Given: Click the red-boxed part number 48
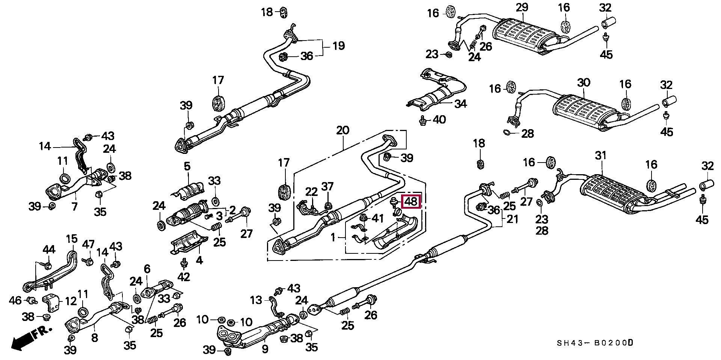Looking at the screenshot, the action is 412,202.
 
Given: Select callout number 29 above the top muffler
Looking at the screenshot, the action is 522,8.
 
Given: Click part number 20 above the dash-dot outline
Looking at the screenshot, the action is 342,130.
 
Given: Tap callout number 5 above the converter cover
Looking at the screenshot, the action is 187,166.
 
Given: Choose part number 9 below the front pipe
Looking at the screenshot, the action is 265,349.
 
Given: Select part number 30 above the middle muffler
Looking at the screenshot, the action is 584,83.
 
